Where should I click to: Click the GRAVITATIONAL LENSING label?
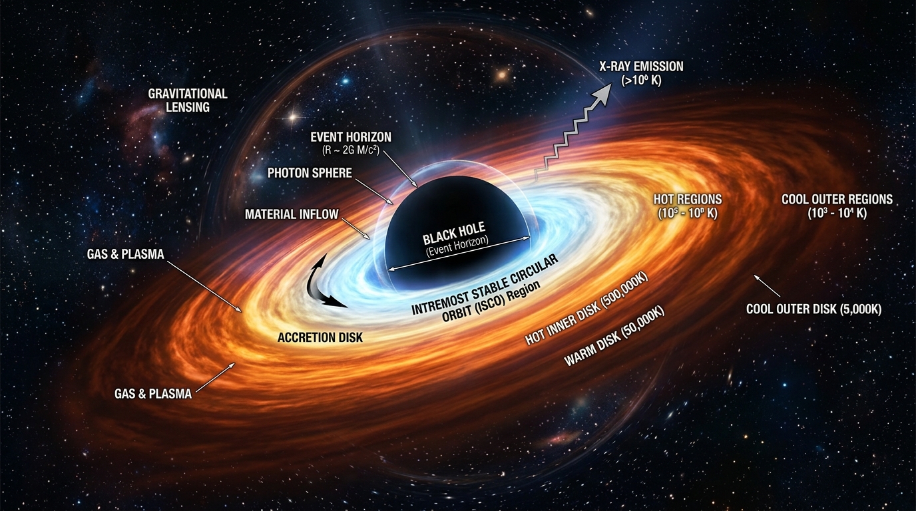[188, 100]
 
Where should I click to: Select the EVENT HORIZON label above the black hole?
[351, 137]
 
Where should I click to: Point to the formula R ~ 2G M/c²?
[351, 150]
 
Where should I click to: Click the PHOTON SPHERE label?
[310, 173]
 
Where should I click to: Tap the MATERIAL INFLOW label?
[292, 214]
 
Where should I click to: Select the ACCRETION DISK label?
[320, 337]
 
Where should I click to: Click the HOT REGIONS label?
[688, 200]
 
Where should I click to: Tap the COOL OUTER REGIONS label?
[837, 200]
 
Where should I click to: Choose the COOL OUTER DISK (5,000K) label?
[813, 309]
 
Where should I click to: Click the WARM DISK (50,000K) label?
[614, 337]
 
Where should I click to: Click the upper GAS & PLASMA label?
[125, 254]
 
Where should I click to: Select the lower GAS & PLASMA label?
[153, 393]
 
